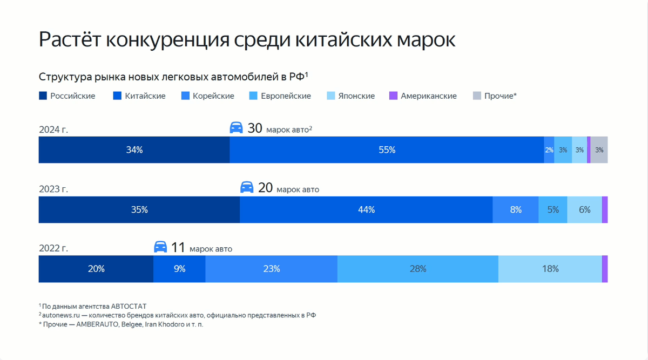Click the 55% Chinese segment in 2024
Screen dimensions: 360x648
point(387,150)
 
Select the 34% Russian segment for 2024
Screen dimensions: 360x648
point(134,150)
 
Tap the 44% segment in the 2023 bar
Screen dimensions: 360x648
point(366,210)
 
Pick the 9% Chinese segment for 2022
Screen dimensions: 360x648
point(179,269)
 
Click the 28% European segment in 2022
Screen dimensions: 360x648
point(418,269)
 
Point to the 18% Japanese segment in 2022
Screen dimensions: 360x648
point(550,269)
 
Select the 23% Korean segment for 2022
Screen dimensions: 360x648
point(271,269)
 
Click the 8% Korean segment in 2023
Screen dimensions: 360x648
point(516,210)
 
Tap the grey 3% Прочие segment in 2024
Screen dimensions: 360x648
point(599,150)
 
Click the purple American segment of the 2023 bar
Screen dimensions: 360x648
point(605,210)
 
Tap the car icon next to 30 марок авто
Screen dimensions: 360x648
point(237,128)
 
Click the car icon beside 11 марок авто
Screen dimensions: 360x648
point(160,247)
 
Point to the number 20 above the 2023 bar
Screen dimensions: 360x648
point(265,188)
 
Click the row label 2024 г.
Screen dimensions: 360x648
point(53,130)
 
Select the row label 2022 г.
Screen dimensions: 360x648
point(53,248)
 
